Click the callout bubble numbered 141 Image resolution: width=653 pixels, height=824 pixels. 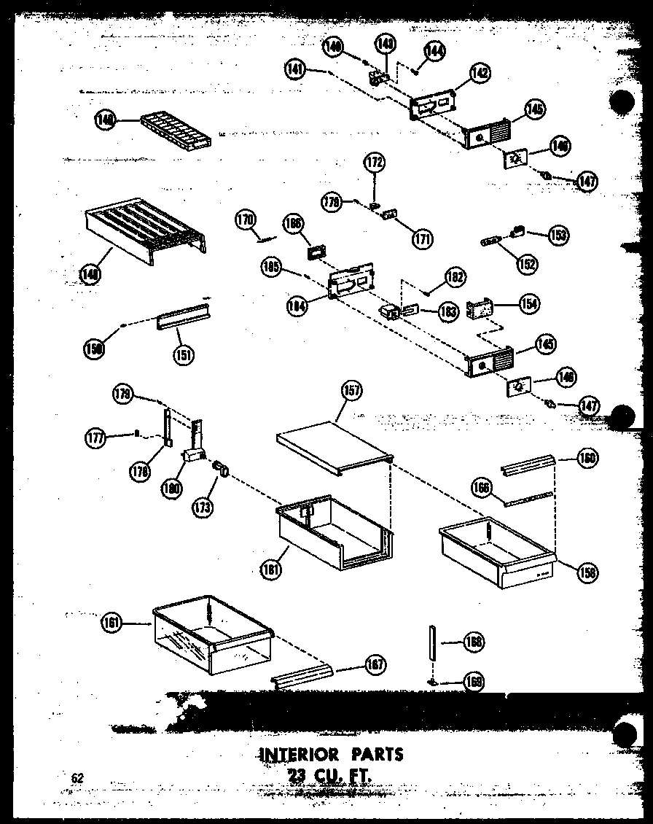tap(295, 70)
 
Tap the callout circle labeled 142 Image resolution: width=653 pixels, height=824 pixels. tap(480, 73)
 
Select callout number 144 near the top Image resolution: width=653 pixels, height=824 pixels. tap(435, 50)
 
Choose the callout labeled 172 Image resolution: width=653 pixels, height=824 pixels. tap(375, 161)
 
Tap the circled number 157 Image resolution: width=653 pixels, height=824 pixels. tap(352, 392)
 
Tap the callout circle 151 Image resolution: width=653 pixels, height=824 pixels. tap(183, 355)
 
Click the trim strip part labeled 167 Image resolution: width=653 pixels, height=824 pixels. tap(302, 677)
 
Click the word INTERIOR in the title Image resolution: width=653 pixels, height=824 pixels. tap(299, 753)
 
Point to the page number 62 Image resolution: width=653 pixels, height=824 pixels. tap(78, 778)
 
